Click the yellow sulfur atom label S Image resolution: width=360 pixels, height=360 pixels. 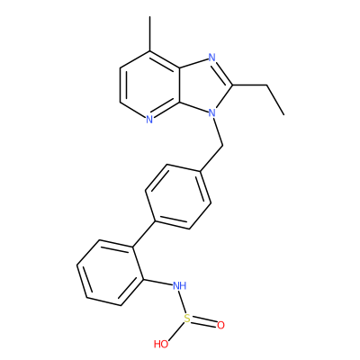coord(187,319)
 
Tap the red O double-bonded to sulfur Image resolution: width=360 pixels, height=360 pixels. coord(220,325)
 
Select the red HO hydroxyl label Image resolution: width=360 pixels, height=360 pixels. coord(161,344)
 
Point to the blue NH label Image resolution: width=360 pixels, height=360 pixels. coord(180,285)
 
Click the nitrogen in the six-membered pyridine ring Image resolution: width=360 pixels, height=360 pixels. coord(149,120)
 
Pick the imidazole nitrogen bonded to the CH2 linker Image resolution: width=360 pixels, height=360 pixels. coord(212,112)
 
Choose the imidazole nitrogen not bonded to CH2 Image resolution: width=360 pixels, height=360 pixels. coord(212,58)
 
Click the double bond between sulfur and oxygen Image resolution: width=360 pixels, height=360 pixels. coord(204,323)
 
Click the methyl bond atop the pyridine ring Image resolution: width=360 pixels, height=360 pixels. coord(149,33)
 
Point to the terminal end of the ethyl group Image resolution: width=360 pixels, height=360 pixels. coord(283,114)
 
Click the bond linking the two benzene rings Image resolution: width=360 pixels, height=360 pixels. coord(144,234)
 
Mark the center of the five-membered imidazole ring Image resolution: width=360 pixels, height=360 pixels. coord(204,85)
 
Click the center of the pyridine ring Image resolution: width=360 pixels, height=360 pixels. coord(150,85)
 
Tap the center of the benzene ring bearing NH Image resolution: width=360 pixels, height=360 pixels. coord(110,273)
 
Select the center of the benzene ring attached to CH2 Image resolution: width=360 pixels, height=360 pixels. coord(178,196)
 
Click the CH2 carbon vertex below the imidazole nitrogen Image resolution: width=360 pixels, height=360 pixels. coord(222,146)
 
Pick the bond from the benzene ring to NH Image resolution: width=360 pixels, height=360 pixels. coord(157,283)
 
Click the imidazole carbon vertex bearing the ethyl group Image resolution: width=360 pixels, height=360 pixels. coord(232,85)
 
